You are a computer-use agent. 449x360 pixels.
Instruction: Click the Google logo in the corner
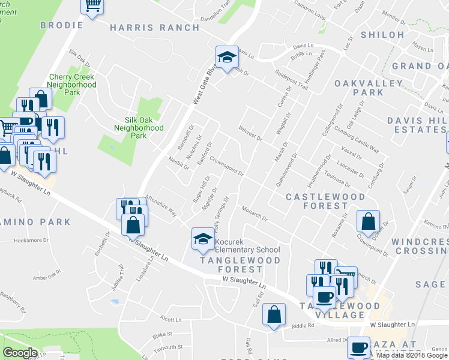[x=20, y=353]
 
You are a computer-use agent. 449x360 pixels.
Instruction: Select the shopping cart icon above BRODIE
[x=92, y=6]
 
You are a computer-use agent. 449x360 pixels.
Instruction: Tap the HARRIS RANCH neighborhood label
[x=154, y=28]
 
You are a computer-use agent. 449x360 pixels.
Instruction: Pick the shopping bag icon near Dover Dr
[x=367, y=221]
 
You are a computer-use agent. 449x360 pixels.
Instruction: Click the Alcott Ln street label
[x=170, y=319]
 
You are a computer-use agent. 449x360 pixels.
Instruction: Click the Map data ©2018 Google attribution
[x=412, y=355]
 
